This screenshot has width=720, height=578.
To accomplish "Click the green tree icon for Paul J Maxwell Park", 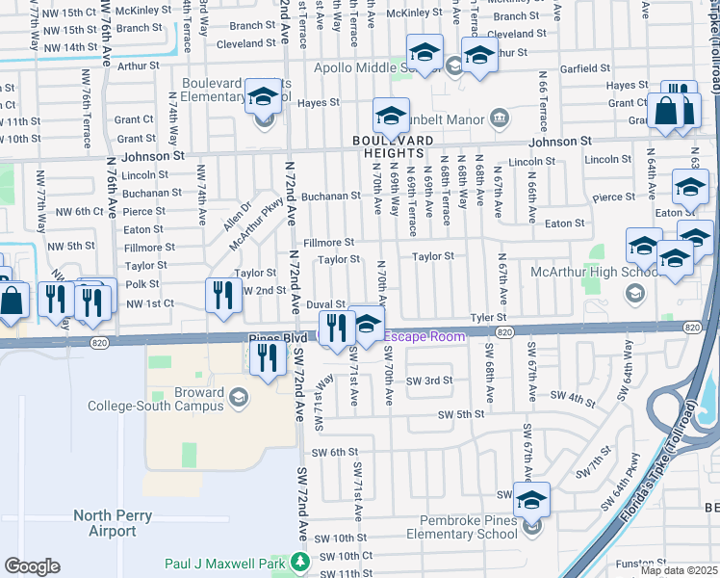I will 301,561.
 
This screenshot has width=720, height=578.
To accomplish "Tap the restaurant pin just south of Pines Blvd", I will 268,357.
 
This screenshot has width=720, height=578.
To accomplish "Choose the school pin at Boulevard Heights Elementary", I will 261,97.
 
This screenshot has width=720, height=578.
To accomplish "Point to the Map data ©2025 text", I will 679,570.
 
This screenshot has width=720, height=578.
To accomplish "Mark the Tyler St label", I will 487,317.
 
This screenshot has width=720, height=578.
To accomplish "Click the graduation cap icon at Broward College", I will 239,396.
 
